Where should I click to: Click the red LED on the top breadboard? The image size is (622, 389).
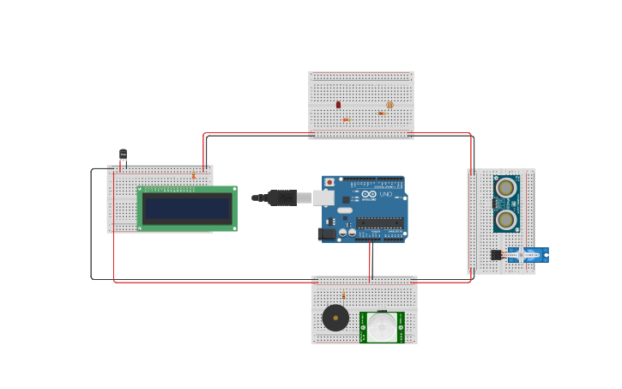click(338, 105)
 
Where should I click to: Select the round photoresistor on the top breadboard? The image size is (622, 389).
click(390, 105)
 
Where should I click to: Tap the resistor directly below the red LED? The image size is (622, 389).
click(346, 120)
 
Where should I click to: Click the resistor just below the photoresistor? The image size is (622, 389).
click(381, 113)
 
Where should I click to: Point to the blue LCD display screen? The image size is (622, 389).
click(187, 209)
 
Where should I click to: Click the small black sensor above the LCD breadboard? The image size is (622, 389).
click(123, 155)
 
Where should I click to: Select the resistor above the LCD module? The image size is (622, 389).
click(194, 175)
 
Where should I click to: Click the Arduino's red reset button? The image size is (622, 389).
click(329, 182)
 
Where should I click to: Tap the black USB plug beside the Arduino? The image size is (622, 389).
click(281, 198)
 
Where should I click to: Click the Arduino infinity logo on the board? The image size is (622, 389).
click(369, 194)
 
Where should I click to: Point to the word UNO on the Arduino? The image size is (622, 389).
click(385, 194)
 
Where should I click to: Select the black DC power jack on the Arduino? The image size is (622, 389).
click(326, 234)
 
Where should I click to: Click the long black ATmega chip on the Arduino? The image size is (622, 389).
click(379, 222)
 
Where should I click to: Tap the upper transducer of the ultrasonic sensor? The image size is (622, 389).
click(506, 188)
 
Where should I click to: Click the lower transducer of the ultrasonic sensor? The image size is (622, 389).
click(506, 219)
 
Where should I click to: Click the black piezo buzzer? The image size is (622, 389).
click(335, 318)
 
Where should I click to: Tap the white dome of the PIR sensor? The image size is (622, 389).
click(383, 326)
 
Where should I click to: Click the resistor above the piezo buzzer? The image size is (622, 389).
click(344, 295)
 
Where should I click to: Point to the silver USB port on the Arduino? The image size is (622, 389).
click(323, 198)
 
